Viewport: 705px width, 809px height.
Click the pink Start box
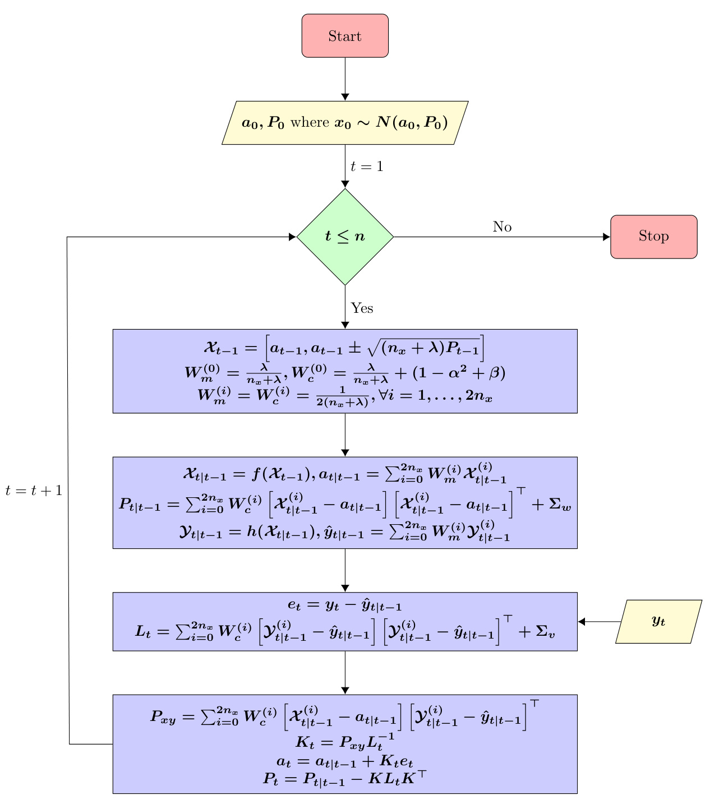pyautogui.click(x=345, y=36)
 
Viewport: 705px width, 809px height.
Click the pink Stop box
pyautogui.click(x=653, y=237)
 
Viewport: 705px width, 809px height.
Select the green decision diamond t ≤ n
pyautogui.click(x=345, y=237)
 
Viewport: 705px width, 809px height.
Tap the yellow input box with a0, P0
pyautogui.click(x=345, y=123)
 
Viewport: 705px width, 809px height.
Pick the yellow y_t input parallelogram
pyautogui.click(x=658, y=621)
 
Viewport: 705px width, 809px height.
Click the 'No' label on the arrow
pyautogui.click(x=502, y=227)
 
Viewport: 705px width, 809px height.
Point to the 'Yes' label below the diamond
pyautogui.click(x=362, y=308)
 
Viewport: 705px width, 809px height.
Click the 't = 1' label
pyautogui.click(x=367, y=167)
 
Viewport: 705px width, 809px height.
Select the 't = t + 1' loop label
pyautogui.click(x=34, y=491)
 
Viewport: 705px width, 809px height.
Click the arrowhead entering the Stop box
pyautogui.click(x=606, y=237)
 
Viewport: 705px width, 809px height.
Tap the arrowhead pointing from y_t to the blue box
pyautogui.click(x=582, y=621)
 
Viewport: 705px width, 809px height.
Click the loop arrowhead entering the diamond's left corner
pyautogui.click(x=292, y=237)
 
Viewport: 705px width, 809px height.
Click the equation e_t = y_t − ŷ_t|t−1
pyautogui.click(x=345, y=605)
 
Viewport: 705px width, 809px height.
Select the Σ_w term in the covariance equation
pyautogui.click(x=559, y=505)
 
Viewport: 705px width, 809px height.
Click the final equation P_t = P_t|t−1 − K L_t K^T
pyautogui.click(x=345, y=779)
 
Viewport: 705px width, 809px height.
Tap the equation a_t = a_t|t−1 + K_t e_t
pyautogui.click(x=345, y=762)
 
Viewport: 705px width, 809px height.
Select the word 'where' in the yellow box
pyautogui.click(x=309, y=123)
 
